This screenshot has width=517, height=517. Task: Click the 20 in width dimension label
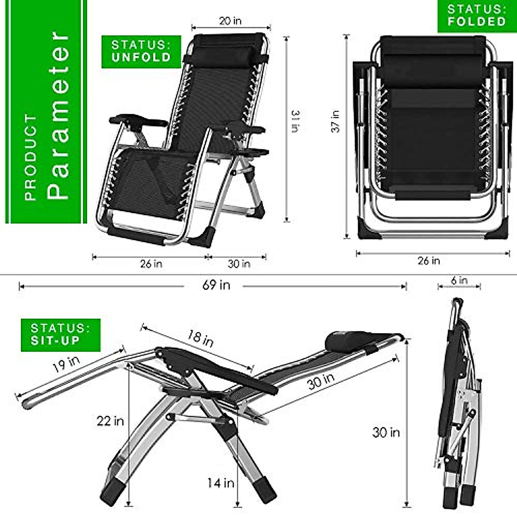(x=230, y=21)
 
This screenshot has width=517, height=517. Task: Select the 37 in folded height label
(x=336, y=121)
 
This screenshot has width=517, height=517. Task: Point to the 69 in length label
(x=216, y=285)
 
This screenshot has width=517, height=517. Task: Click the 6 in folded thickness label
(x=459, y=280)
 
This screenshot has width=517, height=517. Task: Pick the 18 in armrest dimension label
(x=200, y=338)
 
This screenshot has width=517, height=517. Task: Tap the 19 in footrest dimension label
(x=66, y=364)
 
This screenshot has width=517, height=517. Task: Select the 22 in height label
(x=110, y=420)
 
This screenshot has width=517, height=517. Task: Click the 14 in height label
(x=221, y=483)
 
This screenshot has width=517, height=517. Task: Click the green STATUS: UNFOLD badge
(x=141, y=51)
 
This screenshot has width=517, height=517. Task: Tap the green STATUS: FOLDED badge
(x=477, y=16)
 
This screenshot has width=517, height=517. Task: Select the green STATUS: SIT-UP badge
(x=60, y=335)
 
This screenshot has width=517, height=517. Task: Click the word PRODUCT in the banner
(x=31, y=157)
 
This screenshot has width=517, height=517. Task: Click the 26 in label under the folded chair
(x=429, y=261)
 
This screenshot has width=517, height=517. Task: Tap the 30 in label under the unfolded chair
(x=239, y=263)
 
